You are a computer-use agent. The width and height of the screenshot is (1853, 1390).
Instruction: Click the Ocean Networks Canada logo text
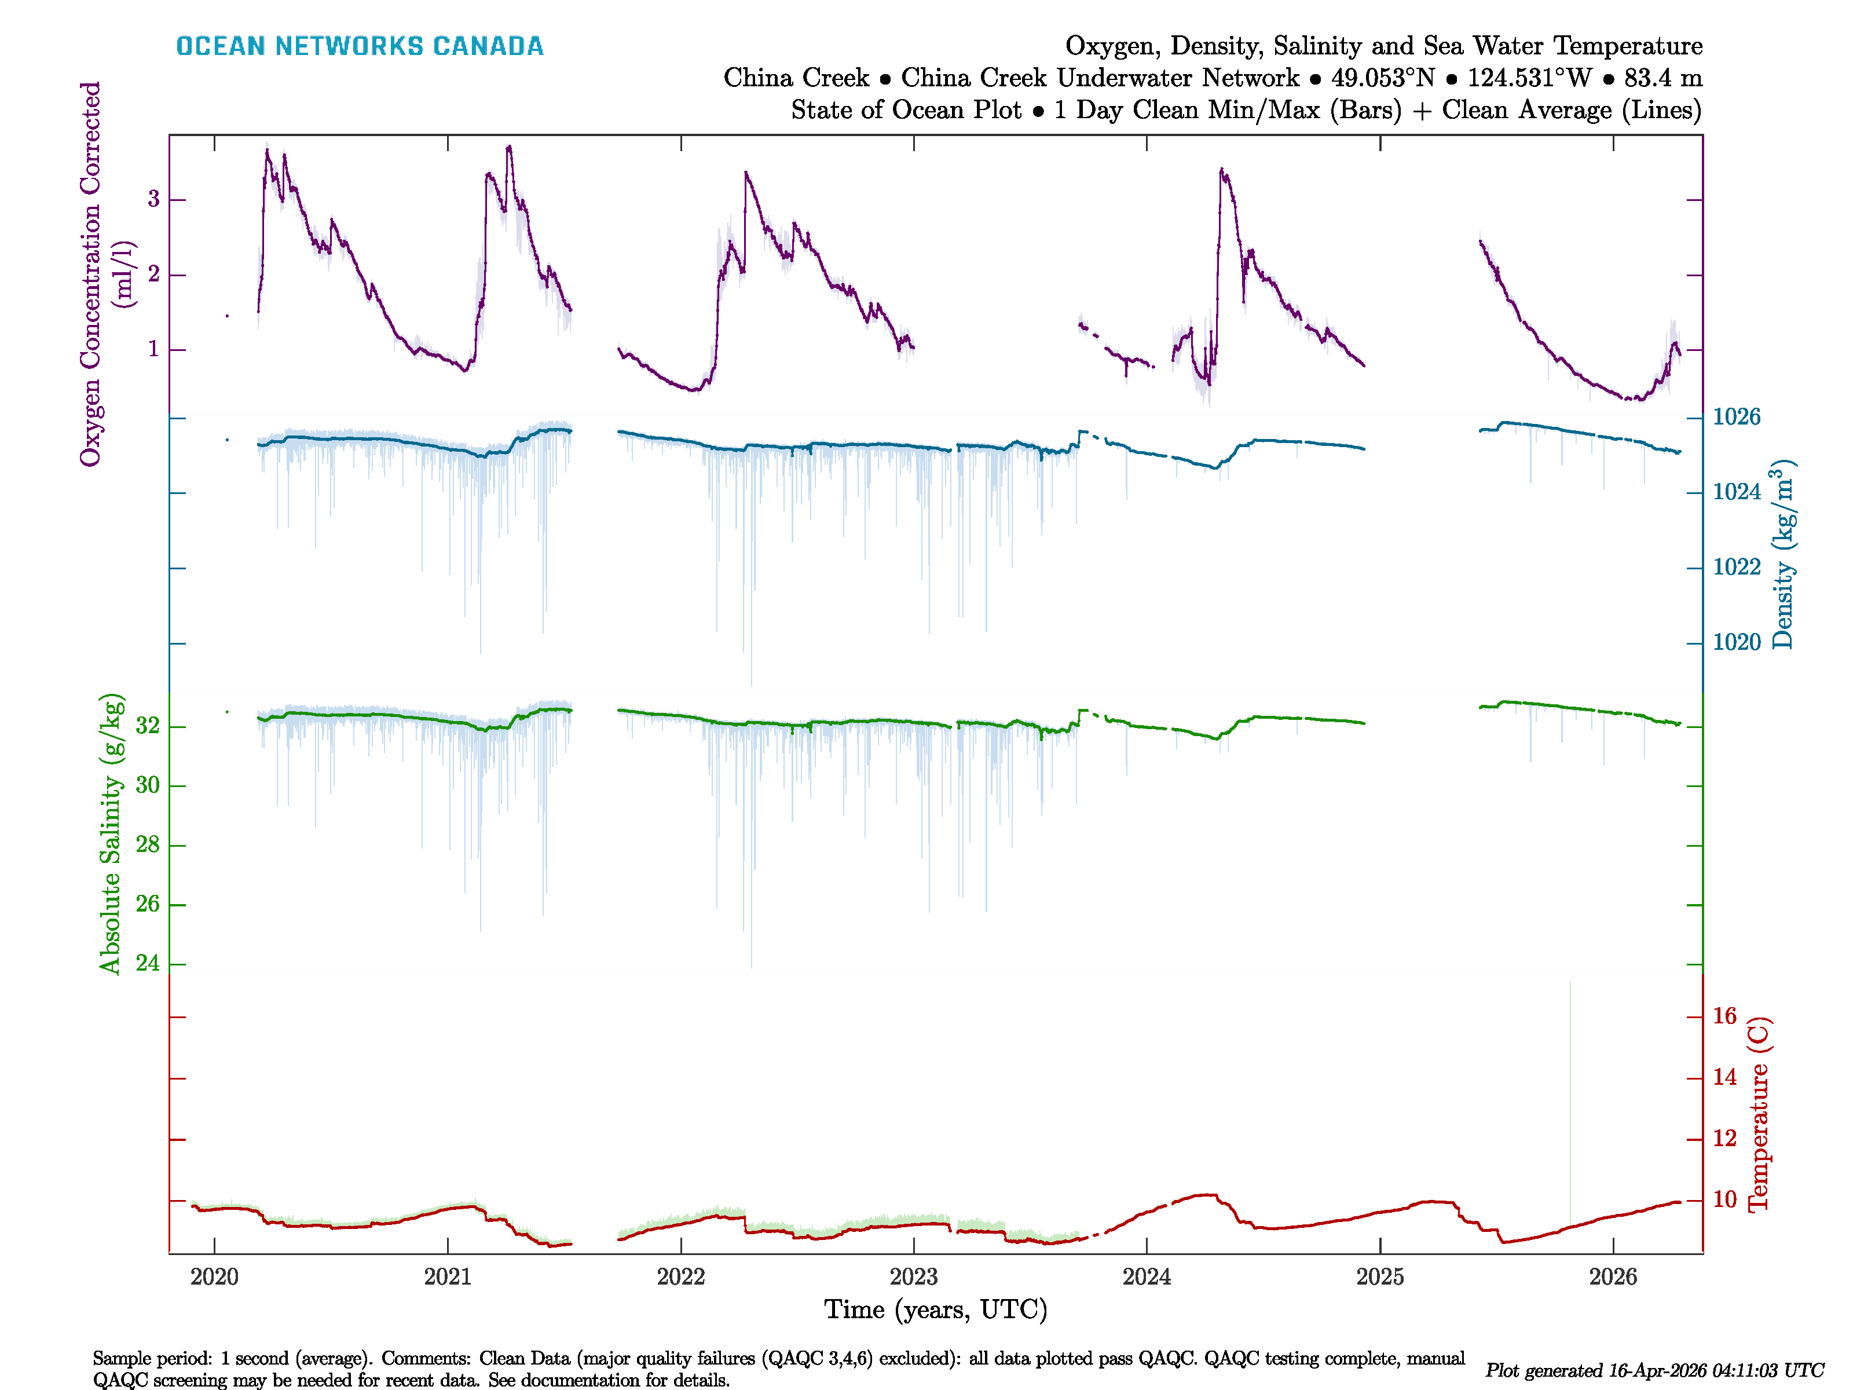360,46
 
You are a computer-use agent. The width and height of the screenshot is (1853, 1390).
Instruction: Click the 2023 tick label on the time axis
914,1277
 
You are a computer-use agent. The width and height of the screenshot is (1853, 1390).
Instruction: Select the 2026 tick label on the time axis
1613,1277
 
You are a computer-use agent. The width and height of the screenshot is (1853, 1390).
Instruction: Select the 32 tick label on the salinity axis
148,726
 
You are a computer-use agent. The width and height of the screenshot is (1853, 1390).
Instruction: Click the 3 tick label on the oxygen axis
153,199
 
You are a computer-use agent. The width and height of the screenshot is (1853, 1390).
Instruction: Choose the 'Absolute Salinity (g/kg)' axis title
111,833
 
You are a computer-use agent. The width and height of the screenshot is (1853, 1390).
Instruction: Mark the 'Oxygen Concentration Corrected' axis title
90,273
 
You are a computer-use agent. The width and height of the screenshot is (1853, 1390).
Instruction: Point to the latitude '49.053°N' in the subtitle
1382,78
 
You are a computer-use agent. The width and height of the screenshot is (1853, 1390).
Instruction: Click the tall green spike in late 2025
1570,1089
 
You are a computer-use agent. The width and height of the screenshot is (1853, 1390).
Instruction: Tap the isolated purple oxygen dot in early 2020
227,316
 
